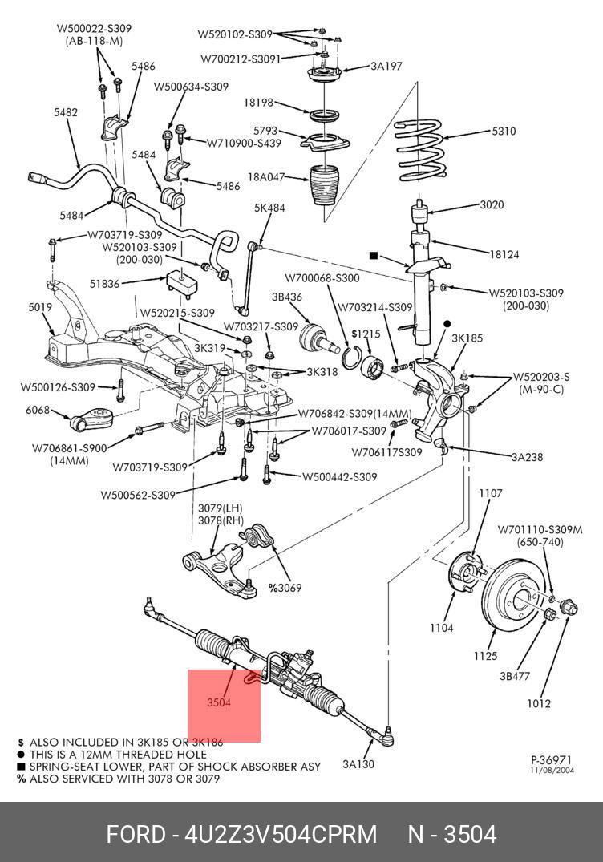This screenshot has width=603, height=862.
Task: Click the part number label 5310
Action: pos(504,132)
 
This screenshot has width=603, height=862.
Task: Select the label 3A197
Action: pos(386,67)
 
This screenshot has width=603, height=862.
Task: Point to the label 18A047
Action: pos(266,176)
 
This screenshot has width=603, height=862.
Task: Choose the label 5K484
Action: pos(269,208)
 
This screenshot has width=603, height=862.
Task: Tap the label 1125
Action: pos(485,656)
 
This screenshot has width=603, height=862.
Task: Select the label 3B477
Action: pos(515,676)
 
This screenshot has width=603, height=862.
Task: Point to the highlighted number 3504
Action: pos(218,703)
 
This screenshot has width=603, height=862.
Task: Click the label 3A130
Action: pos(358,764)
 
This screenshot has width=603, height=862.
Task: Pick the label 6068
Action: pos(37,411)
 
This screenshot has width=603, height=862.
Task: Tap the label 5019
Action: pos(40,307)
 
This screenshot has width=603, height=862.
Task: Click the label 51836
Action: pos(104,283)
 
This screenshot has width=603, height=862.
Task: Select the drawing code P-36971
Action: pos(552,759)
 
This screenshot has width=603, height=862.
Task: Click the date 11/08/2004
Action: pos(552,770)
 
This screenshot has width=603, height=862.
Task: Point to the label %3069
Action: pos(285,588)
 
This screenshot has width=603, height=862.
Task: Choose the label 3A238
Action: pos(528,457)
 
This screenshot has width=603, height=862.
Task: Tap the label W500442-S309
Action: pos(339,477)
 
